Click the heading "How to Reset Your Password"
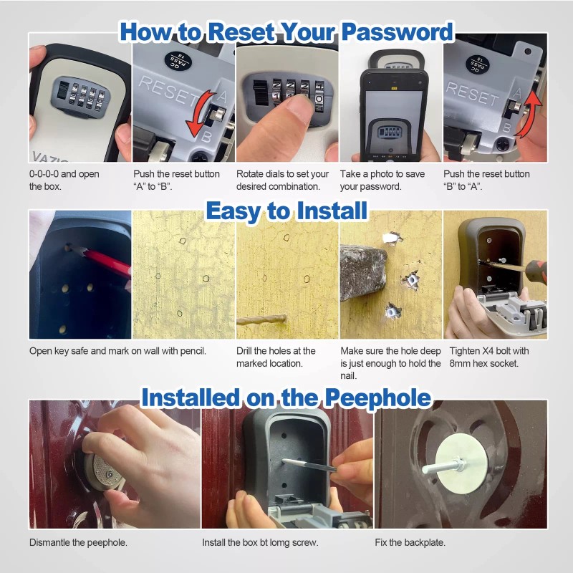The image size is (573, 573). point(286,32)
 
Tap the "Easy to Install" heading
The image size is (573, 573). point(286,211)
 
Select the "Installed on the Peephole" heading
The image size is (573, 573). point(286,398)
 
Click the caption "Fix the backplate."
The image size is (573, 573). point(410,542)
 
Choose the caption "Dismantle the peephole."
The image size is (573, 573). point(78,542)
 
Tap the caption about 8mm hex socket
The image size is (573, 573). point(489,357)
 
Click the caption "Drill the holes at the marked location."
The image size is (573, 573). point(276,357)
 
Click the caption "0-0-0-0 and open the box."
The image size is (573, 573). point(64,180)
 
